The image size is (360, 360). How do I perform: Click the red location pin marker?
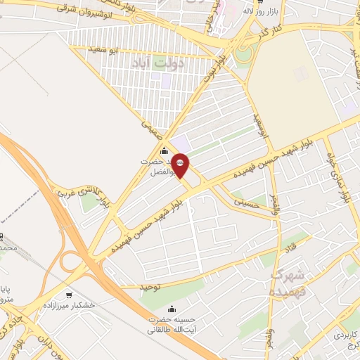[x=181, y=165]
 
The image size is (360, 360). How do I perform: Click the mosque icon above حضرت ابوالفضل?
[x=165, y=150]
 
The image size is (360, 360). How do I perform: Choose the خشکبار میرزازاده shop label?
[x=68, y=306]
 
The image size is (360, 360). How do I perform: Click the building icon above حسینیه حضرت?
[x=173, y=308]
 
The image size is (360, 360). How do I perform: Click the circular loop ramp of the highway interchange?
[x=72, y=262]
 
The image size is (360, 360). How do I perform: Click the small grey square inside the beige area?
[x=302, y=72]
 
